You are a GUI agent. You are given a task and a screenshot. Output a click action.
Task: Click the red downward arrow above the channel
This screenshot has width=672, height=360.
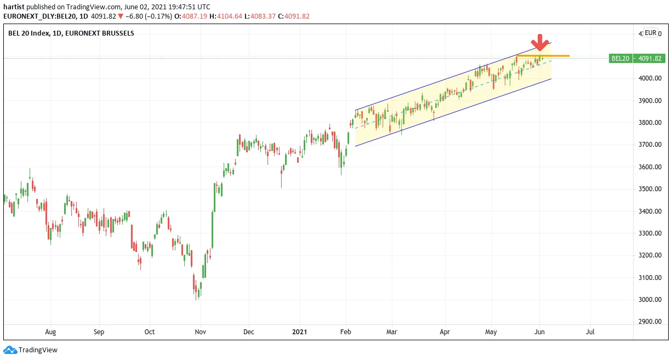tap(540, 43)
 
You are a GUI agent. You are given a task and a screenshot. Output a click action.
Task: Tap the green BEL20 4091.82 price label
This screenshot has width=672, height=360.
tap(637, 58)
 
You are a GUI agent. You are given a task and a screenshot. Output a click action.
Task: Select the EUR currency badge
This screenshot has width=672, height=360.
tap(651, 33)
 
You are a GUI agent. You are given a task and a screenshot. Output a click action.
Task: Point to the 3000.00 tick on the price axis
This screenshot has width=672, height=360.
tap(650, 299)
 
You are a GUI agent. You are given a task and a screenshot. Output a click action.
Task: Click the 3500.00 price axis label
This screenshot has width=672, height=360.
tap(650, 188)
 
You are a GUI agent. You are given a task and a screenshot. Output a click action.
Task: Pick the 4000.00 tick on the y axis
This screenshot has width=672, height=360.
tap(650, 78)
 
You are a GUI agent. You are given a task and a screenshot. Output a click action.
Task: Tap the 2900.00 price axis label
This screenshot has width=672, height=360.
tap(650, 321)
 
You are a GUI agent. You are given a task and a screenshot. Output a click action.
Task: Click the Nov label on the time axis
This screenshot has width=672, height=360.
tap(201, 332)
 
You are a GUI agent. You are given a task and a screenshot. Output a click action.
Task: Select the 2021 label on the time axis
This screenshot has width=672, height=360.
tap(300, 332)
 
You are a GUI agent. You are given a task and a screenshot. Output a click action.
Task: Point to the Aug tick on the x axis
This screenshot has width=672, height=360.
tap(50, 332)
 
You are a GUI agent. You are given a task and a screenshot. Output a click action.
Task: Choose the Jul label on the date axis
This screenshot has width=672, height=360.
tap(590, 332)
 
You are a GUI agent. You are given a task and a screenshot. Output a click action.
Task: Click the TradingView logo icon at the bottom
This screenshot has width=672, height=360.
tap(10, 350)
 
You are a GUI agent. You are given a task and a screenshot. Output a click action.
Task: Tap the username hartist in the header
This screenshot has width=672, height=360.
tap(14, 7)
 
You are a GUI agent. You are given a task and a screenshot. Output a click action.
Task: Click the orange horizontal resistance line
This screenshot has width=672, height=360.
tap(543, 56)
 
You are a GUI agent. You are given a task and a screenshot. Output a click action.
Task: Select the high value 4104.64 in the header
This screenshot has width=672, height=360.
tap(230, 16)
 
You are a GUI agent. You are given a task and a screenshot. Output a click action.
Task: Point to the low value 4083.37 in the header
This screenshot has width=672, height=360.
tap(263, 16)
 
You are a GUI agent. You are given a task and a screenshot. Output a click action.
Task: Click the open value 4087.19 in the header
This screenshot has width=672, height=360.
tap(195, 16)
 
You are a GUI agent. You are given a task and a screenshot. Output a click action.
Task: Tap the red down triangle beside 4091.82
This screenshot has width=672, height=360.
tap(121, 16)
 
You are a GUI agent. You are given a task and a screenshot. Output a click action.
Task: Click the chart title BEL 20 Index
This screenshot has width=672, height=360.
tap(29, 33)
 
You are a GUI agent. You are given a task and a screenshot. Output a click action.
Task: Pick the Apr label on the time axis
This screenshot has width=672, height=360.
tap(445, 332)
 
